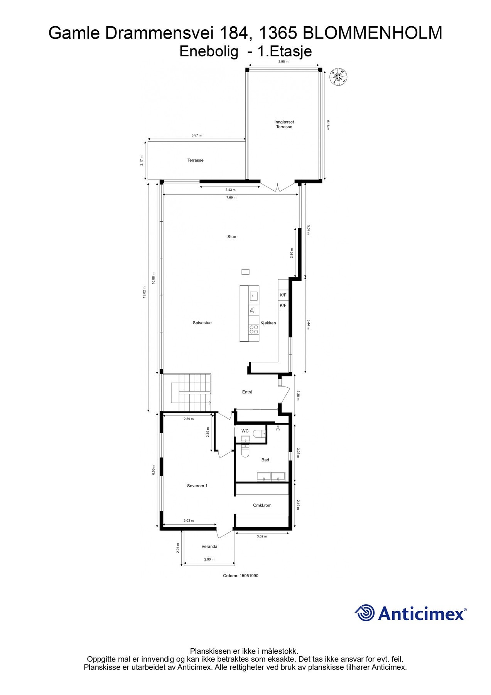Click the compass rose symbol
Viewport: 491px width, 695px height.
click(338, 76)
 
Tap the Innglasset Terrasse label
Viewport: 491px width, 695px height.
click(284, 124)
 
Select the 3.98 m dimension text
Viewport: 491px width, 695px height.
click(283, 61)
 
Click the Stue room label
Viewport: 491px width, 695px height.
click(231, 237)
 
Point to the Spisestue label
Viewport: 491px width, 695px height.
click(202, 323)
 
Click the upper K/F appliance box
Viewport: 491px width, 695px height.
click(283, 295)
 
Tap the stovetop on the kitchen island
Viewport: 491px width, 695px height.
click(254, 329)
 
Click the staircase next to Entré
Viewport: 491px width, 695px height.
click(191, 393)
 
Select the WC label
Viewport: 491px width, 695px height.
click(245, 431)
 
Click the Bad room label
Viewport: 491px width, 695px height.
click(265, 460)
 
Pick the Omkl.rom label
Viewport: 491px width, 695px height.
click(262, 505)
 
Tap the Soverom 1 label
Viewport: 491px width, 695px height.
click(197, 486)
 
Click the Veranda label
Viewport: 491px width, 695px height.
click(209, 546)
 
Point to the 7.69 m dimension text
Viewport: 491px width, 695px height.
click(231, 198)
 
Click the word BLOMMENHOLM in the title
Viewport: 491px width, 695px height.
click(373, 33)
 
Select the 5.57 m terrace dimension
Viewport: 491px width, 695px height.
click(196, 136)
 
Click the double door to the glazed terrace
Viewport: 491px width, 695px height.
click(277, 186)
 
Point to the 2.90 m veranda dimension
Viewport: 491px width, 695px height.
click(209, 559)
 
